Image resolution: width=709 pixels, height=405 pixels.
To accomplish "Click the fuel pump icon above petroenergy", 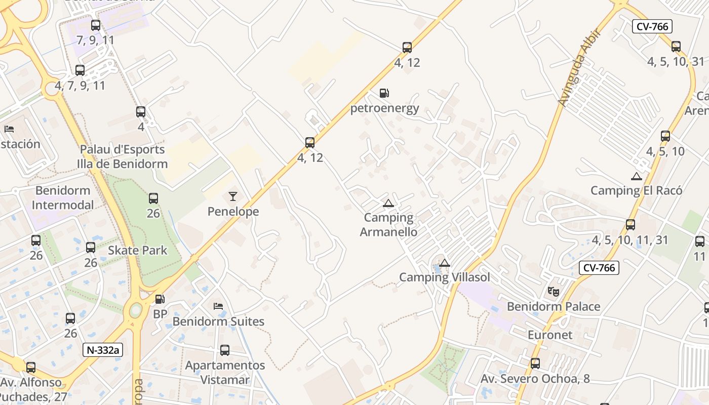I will (384, 93).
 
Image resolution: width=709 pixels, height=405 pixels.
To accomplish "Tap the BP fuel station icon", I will (160, 299).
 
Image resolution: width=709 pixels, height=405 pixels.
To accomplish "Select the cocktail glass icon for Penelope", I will (233, 196).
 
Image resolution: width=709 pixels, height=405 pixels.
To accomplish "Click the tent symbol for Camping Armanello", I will (388, 204).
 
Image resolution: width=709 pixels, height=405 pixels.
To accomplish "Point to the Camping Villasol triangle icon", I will (445, 263).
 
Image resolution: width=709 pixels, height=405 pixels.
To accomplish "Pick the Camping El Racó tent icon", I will (637, 176).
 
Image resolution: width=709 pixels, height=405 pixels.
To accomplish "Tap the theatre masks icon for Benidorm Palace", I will (553, 292).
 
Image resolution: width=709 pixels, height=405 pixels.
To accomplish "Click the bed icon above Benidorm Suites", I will (218, 306).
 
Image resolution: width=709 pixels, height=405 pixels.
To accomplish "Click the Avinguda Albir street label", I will (579, 68).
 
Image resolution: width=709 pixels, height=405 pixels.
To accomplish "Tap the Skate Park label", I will (137, 250).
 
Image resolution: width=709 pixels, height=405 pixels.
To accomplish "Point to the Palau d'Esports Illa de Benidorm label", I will (122, 156).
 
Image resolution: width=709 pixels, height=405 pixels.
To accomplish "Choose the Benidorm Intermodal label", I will (63, 197).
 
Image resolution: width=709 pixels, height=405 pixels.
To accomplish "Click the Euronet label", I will (550, 335).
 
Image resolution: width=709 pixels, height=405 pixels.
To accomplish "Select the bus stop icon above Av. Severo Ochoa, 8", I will (535, 363).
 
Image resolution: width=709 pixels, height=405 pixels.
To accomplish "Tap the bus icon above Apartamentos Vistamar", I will (225, 350).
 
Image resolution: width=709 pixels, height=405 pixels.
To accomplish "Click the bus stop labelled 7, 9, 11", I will (96, 25).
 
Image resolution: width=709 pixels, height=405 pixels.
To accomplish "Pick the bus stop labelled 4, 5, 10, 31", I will (676, 47).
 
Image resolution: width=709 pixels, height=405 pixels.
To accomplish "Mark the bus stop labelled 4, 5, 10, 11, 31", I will (631, 225).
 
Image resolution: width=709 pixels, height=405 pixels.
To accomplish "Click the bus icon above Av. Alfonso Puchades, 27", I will (31, 368).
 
